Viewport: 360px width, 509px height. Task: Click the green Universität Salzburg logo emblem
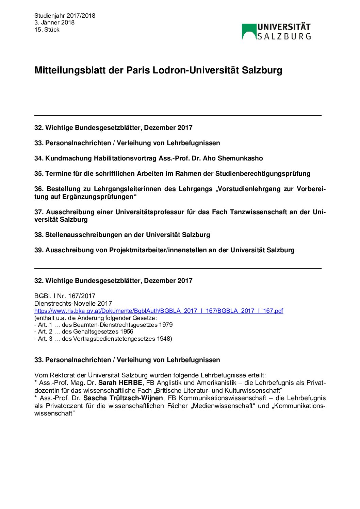click(x=249, y=31)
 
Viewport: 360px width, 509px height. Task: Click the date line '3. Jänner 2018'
click(x=54, y=22)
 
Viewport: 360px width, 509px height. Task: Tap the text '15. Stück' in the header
click(x=47, y=30)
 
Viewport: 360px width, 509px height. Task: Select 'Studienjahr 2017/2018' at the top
click(x=65, y=16)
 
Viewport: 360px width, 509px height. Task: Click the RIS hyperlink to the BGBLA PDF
click(x=159, y=311)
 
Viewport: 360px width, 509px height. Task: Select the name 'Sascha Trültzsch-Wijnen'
click(x=123, y=398)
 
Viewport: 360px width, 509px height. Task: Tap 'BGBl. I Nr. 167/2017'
click(x=65, y=296)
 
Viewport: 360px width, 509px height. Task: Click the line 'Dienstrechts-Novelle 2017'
click(x=73, y=303)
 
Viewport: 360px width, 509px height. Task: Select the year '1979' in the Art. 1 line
click(x=166, y=325)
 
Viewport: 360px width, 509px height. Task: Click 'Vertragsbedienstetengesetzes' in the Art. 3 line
click(x=114, y=339)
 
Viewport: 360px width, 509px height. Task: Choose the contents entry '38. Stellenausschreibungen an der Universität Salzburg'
click(x=122, y=235)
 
